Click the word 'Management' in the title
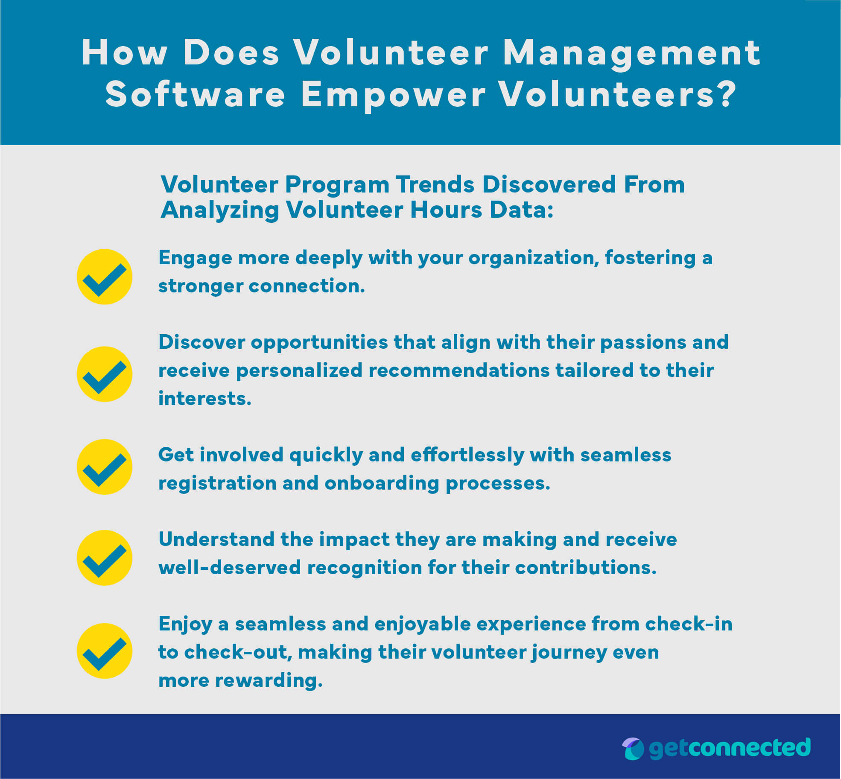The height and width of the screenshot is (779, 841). [632, 54]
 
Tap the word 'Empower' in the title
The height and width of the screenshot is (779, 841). [393, 95]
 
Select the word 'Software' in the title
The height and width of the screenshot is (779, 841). [195, 95]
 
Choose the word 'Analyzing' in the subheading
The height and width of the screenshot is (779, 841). [220, 210]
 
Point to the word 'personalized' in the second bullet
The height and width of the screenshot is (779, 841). [299, 371]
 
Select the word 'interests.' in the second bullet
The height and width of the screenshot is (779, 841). [205, 399]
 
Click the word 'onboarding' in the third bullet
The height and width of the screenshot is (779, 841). [382, 483]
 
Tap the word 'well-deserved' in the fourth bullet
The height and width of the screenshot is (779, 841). [230, 568]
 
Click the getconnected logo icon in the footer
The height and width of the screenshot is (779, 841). [633, 749]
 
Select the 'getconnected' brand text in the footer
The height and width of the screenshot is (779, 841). [730, 748]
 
